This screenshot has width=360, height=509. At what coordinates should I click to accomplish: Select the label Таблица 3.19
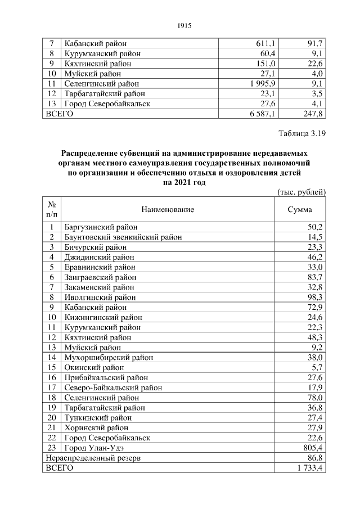pos(302,134)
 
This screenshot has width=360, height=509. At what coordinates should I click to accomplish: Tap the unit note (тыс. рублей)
pos(302,192)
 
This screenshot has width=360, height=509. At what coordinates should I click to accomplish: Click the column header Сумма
pos(300,209)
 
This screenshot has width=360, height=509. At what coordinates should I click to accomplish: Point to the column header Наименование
pos(168,209)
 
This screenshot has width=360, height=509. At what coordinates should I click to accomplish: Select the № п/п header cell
pos(52,209)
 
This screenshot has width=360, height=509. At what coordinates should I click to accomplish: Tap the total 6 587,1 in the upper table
pos(261,114)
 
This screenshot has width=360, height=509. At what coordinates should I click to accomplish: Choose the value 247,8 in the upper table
pos(311,114)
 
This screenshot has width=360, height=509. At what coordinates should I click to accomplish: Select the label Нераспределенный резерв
pos(93,458)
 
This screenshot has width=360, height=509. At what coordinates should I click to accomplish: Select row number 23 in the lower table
pos(52,448)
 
